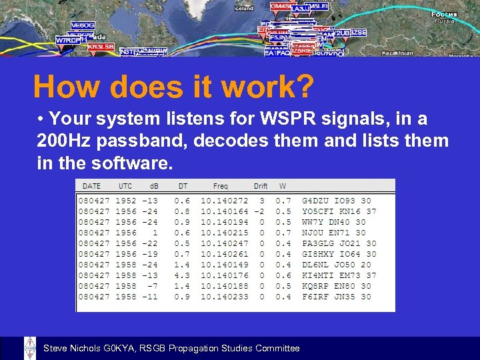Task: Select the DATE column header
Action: click(x=91, y=186)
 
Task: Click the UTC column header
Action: click(x=125, y=186)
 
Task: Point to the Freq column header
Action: click(x=220, y=186)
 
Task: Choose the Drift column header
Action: click(x=261, y=186)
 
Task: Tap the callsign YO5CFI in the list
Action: click(x=319, y=211)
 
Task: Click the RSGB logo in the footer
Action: click(x=30, y=348)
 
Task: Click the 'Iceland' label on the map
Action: click(x=244, y=8)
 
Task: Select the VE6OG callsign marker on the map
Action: click(x=83, y=25)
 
